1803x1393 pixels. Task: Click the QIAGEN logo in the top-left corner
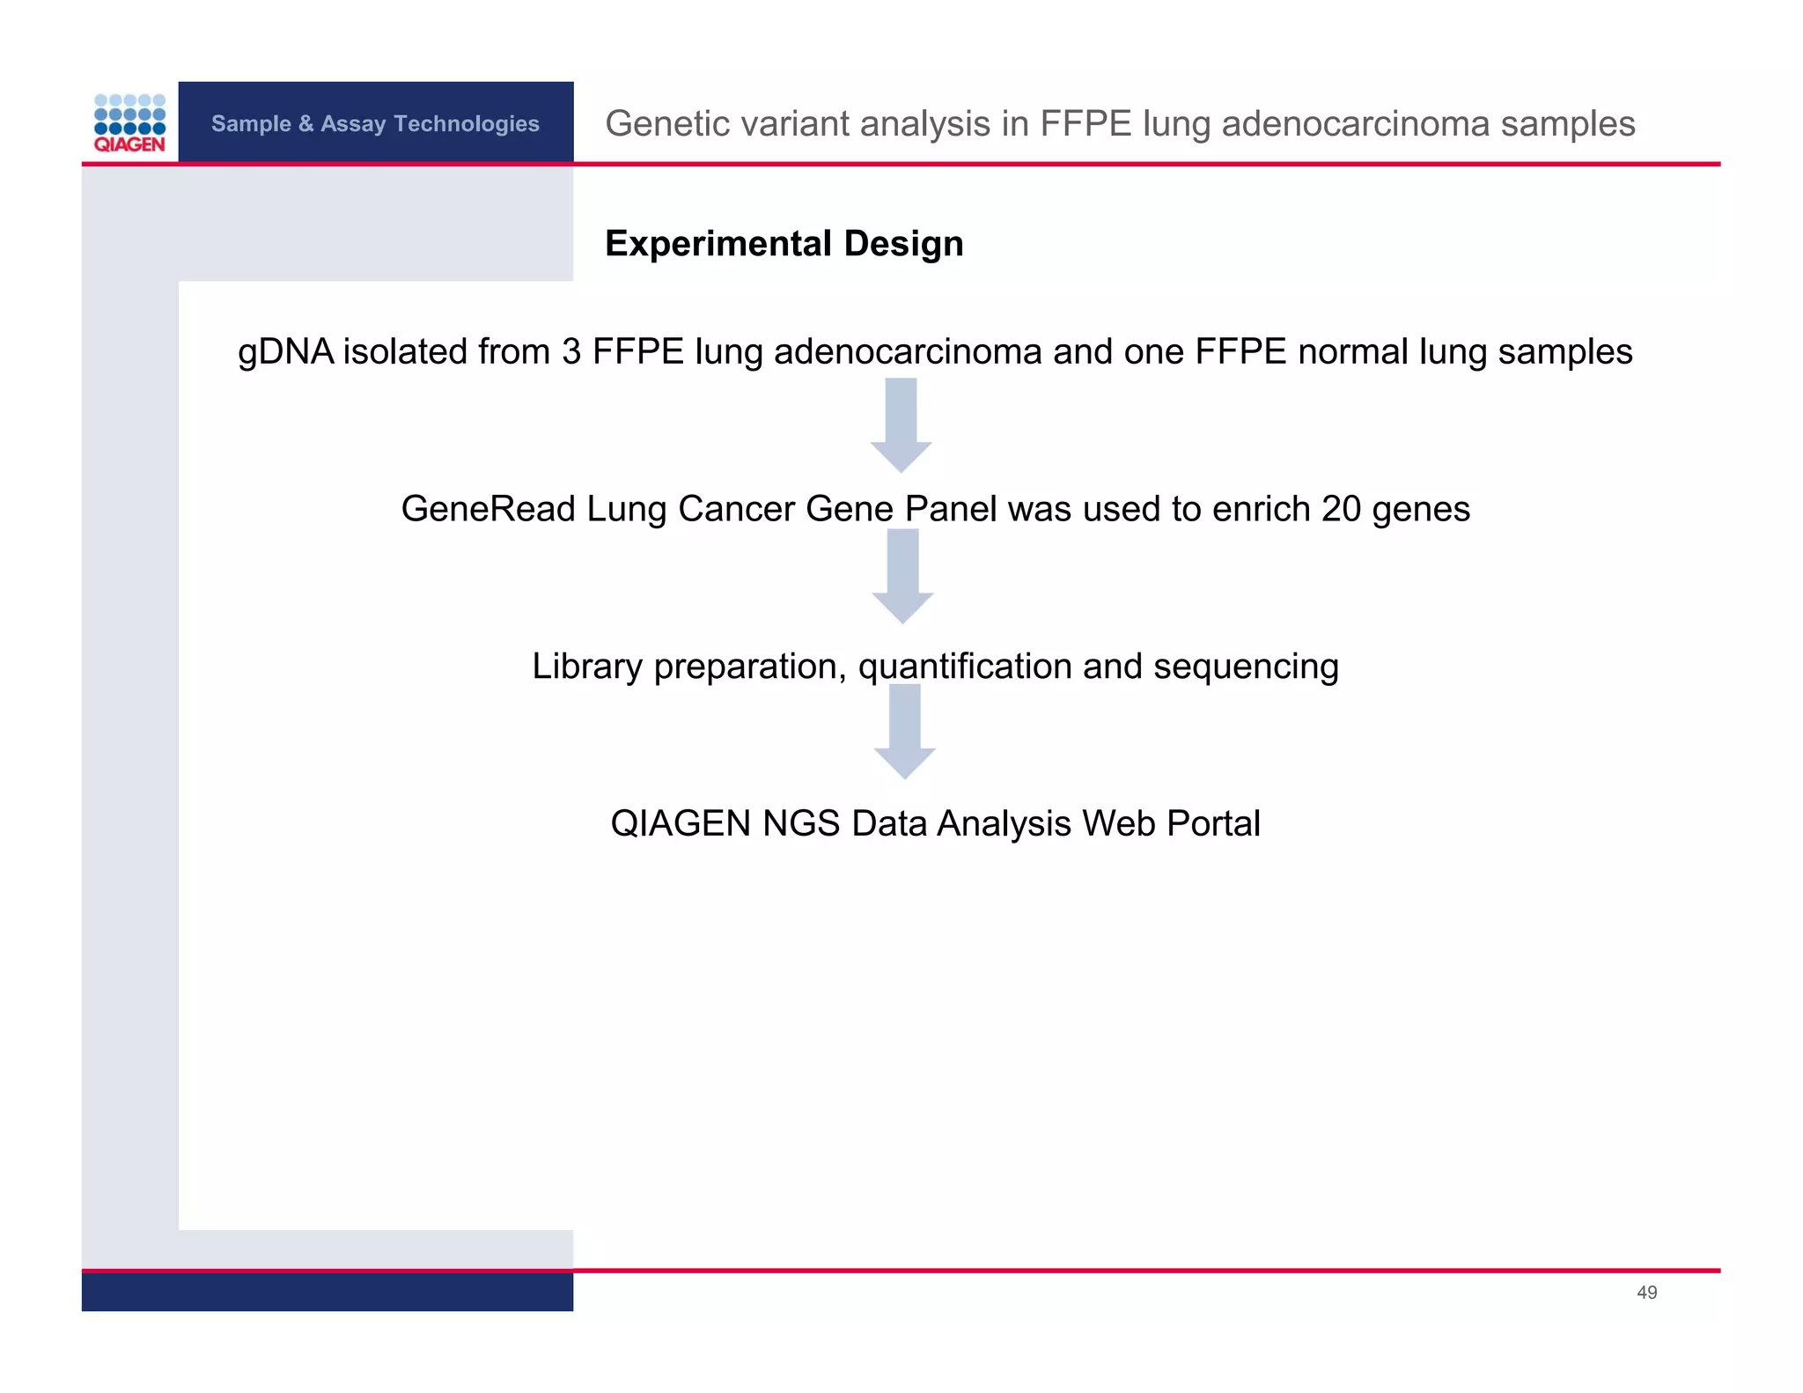click(129, 123)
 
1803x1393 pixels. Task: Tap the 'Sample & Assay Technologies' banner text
click(375, 123)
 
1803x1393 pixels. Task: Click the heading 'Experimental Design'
click(784, 244)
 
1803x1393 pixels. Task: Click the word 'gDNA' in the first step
click(286, 352)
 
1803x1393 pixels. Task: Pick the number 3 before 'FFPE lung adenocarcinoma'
click(571, 352)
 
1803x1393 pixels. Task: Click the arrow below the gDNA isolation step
click(901, 425)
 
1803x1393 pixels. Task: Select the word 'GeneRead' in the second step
click(488, 509)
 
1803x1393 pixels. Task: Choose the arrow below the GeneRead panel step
click(902, 577)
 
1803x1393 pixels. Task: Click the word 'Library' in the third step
click(587, 667)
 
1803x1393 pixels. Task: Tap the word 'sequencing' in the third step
click(1246, 667)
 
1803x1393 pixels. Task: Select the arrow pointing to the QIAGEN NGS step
click(904, 732)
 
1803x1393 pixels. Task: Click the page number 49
click(1646, 1293)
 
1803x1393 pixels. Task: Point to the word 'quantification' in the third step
click(965, 667)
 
